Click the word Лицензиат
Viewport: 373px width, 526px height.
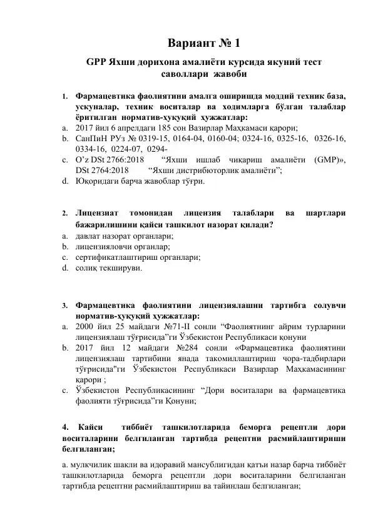click(95, 213)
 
